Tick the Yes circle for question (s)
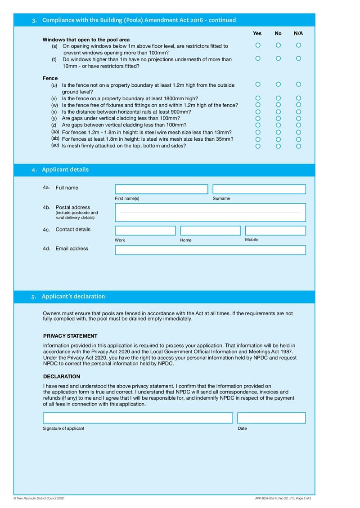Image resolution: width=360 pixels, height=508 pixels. [x=258, y=45]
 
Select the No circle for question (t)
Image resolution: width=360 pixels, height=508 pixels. [x=278, y=58]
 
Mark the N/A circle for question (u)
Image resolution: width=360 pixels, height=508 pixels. [x=299, y=84]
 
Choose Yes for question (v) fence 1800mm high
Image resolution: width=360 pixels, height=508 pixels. [x=258, y=98]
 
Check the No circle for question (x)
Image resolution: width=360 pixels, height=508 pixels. [x=278, y=111]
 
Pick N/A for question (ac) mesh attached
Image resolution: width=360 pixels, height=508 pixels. [x=299, y=146]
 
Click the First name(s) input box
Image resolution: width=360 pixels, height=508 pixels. [x=162, y=189]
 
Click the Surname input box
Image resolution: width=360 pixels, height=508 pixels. [x=259, y=189]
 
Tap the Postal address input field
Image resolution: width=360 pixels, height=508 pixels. [x=210, y=212]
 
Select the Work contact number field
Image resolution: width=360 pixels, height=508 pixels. [x=145, y=231]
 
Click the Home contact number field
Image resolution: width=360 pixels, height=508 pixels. [x=211, y=231]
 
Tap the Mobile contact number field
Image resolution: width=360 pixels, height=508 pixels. [x=275, y=231]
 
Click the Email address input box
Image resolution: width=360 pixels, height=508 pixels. [x=210, y=250]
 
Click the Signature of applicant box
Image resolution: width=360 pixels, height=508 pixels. [x=138, y=418]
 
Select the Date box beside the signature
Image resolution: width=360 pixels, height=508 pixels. [x=271, y=418]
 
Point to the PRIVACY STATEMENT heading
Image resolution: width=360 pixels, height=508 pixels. [x=70, y=336]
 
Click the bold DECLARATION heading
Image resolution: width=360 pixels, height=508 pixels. [x=62, y=376]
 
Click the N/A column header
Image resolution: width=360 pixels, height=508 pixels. [x=298, y=33]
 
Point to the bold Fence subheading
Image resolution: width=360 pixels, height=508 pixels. [x=50, y=78]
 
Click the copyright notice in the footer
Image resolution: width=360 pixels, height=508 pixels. [x=39, y=498]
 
